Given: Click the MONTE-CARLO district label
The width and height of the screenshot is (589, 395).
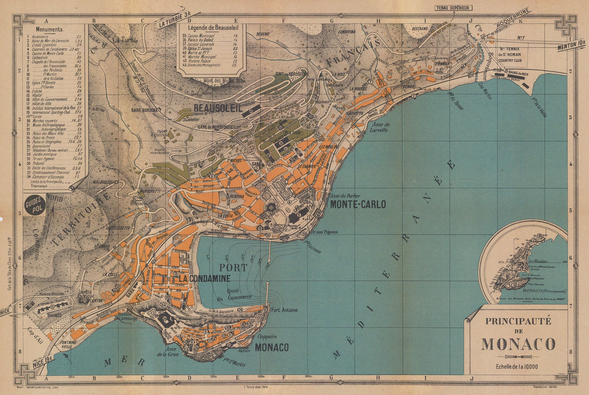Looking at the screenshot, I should click(358, 205).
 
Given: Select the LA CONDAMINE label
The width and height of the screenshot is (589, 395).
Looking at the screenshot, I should click(204, 279).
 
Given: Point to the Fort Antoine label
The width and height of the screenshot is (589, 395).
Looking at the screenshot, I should click(285, 310).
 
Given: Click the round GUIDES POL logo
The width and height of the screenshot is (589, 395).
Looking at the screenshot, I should click(35, 206).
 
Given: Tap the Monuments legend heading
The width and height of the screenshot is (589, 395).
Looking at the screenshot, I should click(49, 29).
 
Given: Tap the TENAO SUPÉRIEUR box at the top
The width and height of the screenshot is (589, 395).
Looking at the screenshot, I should click(454, 7).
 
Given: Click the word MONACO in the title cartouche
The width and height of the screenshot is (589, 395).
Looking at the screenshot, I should click(518, 344).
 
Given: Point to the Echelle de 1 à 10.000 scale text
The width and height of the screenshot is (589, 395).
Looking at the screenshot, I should click(518, 366).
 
